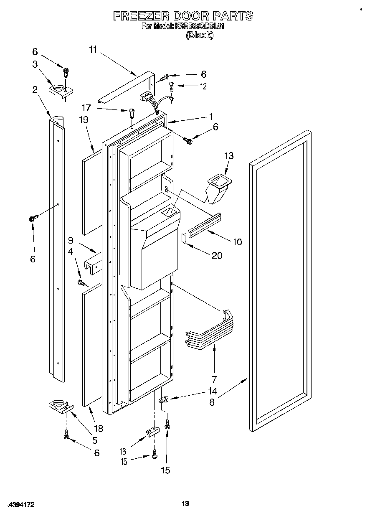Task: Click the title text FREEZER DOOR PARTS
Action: coord(183,16)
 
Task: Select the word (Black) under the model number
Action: coord(199,36)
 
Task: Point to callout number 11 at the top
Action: coord(93,50)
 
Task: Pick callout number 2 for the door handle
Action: coord(35,89)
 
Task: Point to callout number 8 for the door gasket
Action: coord(212,402)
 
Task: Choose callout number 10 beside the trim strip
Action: coord(237,242)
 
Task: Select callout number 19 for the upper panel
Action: coord(84,119)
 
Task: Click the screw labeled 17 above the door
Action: coord(132,112)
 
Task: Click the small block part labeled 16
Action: coord(152,432)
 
